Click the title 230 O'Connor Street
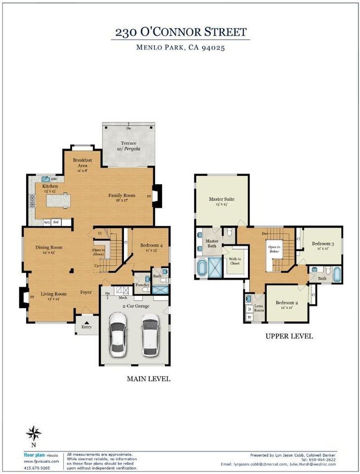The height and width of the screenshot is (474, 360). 180,33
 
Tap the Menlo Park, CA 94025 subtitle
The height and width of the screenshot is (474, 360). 180,48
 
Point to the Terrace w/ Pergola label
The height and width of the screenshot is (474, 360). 126,146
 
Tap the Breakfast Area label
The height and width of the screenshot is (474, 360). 80,163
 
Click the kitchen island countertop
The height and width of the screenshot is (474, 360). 58,200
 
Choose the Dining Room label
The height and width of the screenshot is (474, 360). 48,249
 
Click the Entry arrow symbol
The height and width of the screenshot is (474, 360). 87,322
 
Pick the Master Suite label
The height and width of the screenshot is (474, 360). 221,201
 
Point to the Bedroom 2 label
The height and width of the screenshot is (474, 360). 287,305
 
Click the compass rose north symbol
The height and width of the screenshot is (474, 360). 34,434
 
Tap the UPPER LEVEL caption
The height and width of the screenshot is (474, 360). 289,336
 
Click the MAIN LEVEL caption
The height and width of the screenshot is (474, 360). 148,379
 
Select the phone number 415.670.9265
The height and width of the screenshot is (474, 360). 38,468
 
